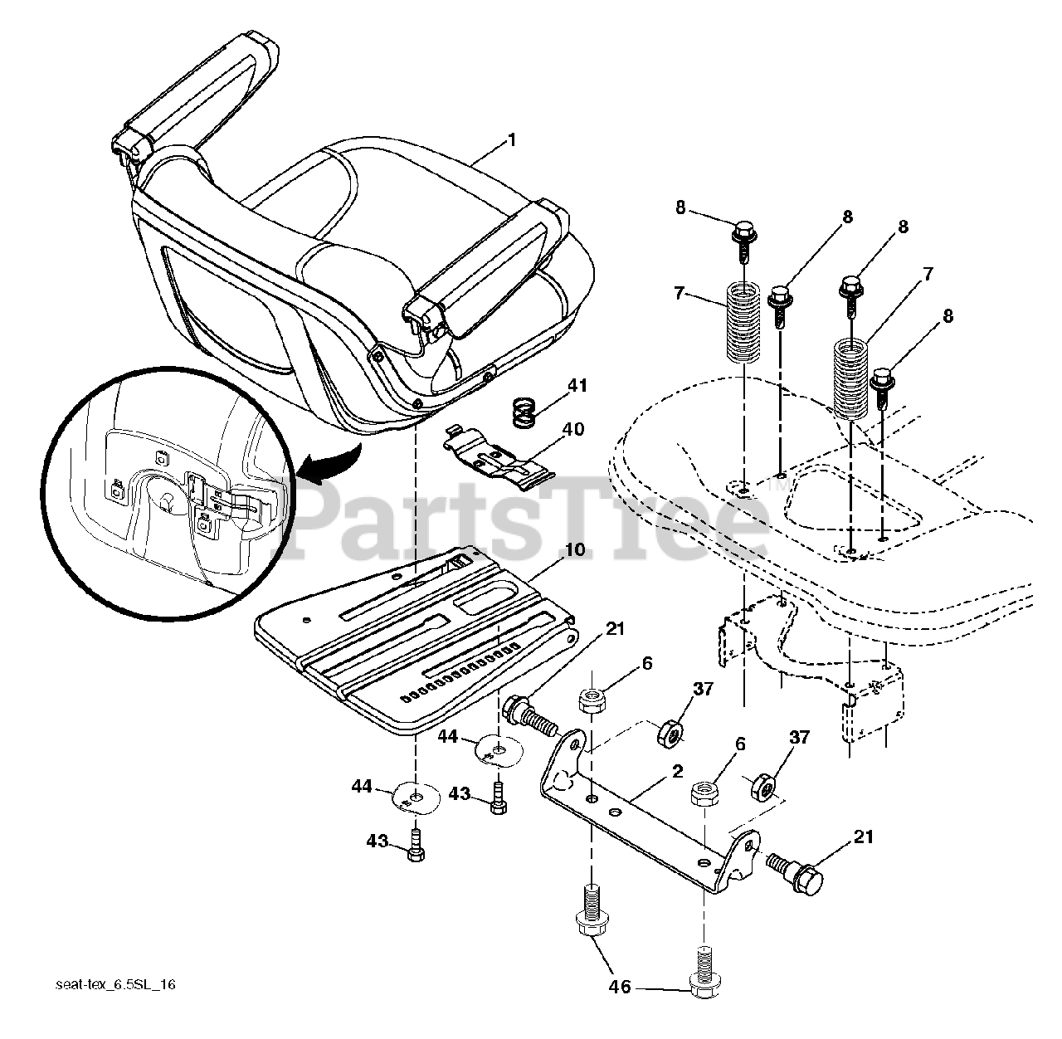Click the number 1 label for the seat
(512, 140)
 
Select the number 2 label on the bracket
(677, 772)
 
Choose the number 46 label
(620, 987)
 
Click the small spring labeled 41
(524, 412)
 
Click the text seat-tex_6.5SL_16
(116, 985)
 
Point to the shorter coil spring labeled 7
(743, 322)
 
